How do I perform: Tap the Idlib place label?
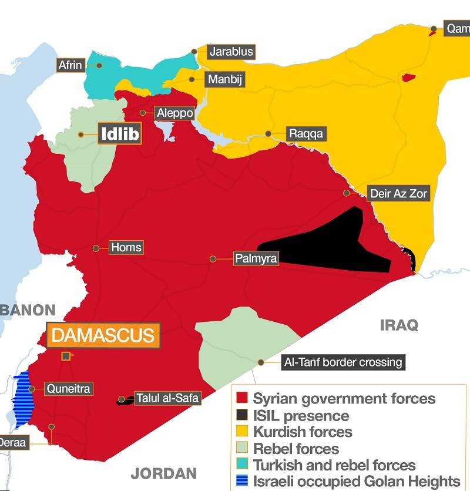tap(120, 134)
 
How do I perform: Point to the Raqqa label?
tap(305, 134)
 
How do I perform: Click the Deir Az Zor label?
tap(398, 193)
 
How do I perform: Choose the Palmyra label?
tap(256, 258)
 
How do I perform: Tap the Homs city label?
tap(126, 247)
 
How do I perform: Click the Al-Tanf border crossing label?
tap(343, 362)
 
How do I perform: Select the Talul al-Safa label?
tap(167, 398)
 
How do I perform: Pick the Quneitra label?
tap(69, 388)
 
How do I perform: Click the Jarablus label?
tap(231, 52)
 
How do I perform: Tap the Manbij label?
tap(223, 79)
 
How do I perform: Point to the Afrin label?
tap(70, 65)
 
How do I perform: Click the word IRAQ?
tap(399, 325)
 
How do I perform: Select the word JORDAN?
tap(163, 473)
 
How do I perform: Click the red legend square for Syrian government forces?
tap(241, 399)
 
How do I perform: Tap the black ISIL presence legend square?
tap(241, 416)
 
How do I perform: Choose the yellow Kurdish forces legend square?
tap(241, 432)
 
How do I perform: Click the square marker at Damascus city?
tap(66, 356)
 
